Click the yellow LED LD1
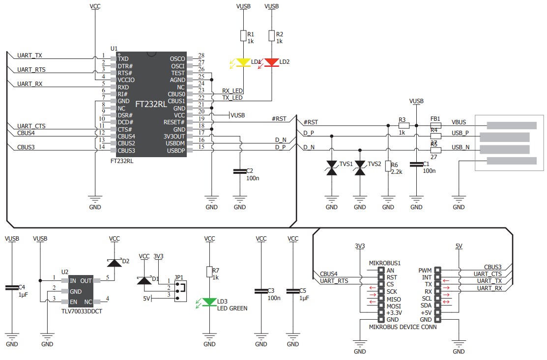[x=243, y=62]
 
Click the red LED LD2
[x=271, y=62]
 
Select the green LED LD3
[x=210, y=302]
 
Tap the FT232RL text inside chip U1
[x=151, y=105]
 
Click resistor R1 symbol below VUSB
[x=243, y=35]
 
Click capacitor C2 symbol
[x=240, y=171]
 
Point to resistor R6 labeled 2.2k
[x=388, y=166]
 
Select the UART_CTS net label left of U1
[x=31, y=126]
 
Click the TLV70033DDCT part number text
[x=81, y=311]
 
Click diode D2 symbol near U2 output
[x=115, y=263]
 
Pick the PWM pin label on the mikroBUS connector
[x=425, y=270]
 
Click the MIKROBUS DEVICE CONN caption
[x=403, y=327]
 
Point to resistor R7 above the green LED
[x=210, y=272]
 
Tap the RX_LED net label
[x=232, y=91]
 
